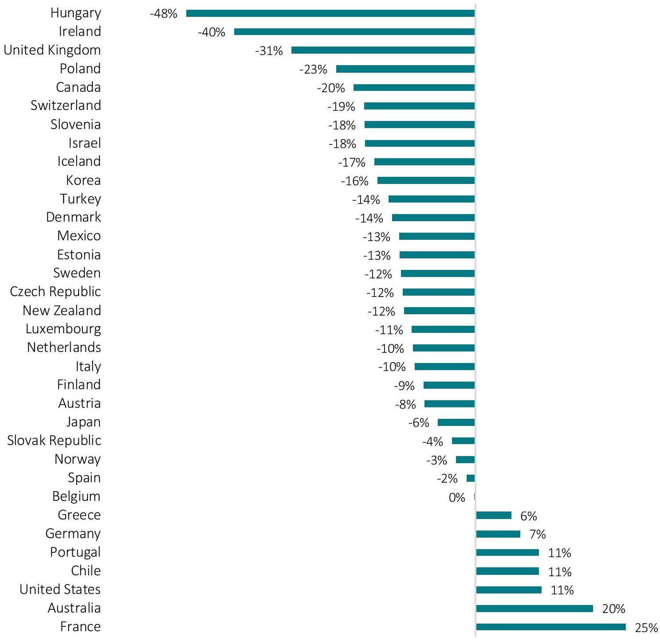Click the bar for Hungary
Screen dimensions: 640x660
(330, 13)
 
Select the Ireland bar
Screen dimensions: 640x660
(354, 32)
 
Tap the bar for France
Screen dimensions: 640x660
(550, 627)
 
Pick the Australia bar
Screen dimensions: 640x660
(534, 608)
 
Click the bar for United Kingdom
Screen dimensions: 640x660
(383, 51)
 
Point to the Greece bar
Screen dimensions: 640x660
(494, 515)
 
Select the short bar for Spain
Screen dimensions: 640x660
(471, 478)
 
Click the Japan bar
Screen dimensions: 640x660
(456, 422)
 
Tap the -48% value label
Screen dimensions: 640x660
(164, 14)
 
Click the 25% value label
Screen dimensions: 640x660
(646, 628)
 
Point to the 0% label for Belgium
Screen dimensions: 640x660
(457, 497)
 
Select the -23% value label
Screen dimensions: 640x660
(313, 70)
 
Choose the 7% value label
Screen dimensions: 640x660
(537, 535)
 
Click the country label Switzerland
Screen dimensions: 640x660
(66, 105)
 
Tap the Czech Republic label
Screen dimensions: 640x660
(55, 292)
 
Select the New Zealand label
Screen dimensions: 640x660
(62, 310)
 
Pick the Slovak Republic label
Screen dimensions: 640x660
(54, 441)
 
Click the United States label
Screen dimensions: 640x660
(60, 589)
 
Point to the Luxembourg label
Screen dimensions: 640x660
(63, 329)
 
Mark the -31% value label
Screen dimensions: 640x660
(269, 51)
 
